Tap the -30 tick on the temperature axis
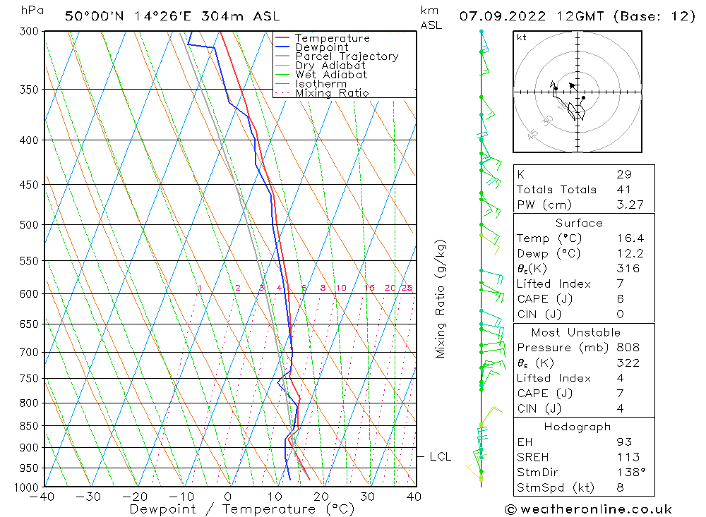point(88,497)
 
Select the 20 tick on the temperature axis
point(321,497)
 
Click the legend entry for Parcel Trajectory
point(347,56)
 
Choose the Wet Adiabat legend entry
point(331,75)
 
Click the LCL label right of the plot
point(440,457)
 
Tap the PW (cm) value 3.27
point(630,205)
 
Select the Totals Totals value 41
point(624,190)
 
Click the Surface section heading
point(579,224)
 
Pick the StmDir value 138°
point(628,473)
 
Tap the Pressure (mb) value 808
point(628,348)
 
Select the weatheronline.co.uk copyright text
point(588,509)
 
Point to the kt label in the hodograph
point(522,38)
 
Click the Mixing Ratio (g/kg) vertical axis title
point(441,298)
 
